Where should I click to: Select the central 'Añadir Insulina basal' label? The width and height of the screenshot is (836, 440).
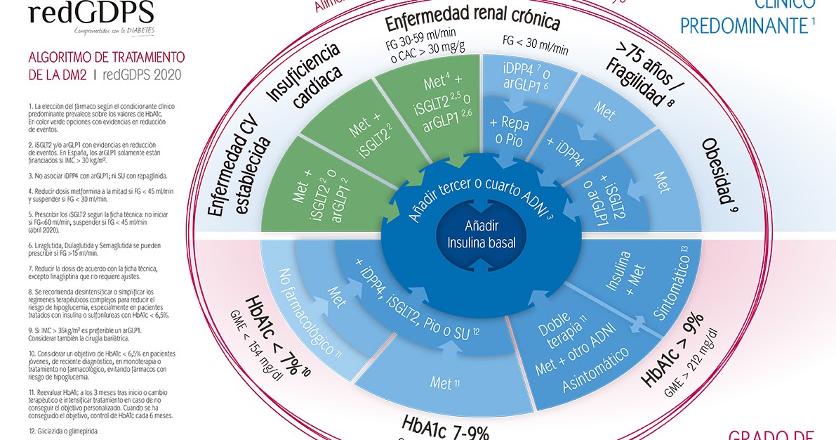coord(480,234)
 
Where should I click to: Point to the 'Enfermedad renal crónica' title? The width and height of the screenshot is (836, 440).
coord(472,22)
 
